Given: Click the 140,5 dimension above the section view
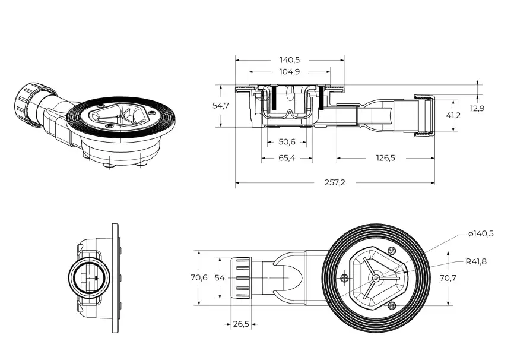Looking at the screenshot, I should coord(290,59).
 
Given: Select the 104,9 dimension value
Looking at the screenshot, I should coord(290,71).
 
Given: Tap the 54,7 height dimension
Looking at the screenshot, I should coord(221,106).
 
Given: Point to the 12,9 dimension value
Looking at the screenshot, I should coord(477,108).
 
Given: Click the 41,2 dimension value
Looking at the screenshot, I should coord(453,115).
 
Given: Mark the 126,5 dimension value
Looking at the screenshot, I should coord(385,158).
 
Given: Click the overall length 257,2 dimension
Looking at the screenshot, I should coord(335,182).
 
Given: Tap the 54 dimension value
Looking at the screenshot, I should coord(219,277).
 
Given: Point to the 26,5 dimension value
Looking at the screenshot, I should coord(240,324).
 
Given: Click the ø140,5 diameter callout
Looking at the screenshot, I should coord(480,234).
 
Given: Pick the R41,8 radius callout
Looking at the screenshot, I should coord(475,261).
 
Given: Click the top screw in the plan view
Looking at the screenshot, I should coord(391,250).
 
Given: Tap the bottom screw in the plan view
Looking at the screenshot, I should coord(391,305).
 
